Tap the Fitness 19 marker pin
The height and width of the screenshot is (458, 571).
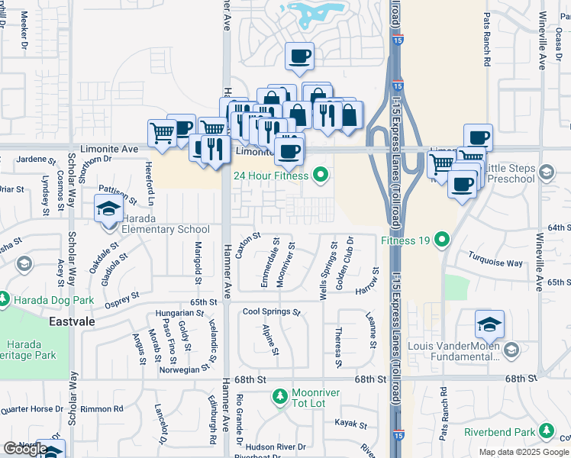(442, 241)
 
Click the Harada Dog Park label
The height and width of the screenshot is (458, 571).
(52, 300)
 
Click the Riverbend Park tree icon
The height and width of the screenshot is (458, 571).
(546, 432)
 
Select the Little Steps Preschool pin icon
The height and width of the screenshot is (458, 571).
(546, 173)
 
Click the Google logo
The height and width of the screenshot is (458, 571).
(25, 448)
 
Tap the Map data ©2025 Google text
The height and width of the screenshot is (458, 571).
(524, 452)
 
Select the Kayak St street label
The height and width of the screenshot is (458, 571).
(351, 422)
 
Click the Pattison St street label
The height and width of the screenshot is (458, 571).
(118, 195)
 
